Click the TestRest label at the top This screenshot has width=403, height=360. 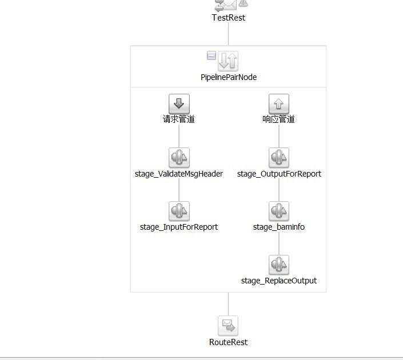[228, 18]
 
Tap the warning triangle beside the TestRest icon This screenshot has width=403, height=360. [244, 3]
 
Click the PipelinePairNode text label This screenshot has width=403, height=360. [228, 77]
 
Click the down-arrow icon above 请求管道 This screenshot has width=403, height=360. [179, 104]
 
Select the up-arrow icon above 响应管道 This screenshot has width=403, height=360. [279, 104]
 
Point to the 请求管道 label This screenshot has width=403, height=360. [179, 119]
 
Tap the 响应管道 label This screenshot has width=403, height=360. [279, 119]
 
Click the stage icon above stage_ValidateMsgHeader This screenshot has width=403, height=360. [179, 158]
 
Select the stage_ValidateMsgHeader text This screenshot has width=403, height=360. [179, 174]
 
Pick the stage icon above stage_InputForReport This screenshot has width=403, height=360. [179, 211]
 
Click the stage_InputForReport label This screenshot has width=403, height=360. [179, 227]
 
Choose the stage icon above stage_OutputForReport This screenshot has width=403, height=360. [279, 158]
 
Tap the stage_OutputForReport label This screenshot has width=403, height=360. [279, 174]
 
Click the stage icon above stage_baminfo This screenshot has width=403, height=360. [279, 211]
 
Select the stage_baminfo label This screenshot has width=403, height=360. [279, 227]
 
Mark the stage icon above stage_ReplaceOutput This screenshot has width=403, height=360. [279, 265]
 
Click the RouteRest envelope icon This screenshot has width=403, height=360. [228, 326]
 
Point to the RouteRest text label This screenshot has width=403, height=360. [228, 342]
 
